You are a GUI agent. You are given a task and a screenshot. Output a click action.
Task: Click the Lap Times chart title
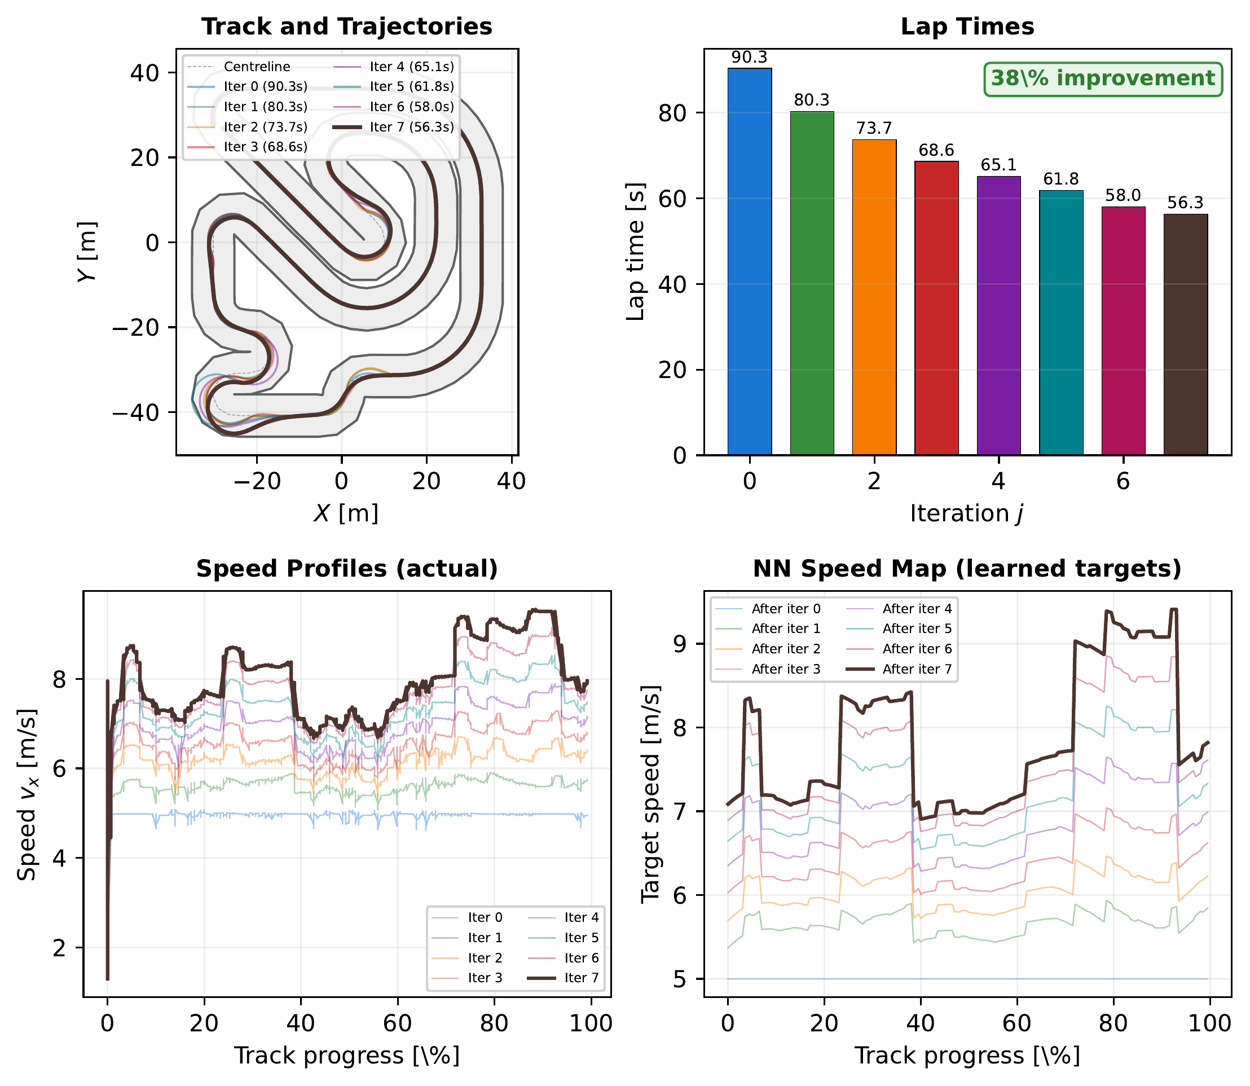(967, 27)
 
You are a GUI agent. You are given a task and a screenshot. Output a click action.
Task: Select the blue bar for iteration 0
(750, 261)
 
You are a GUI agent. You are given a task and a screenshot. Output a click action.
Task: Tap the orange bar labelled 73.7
(874, 297)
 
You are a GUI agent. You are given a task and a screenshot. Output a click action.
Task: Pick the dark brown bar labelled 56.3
(1185, 333)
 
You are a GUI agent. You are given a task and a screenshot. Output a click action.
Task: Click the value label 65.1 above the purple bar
(998, 165)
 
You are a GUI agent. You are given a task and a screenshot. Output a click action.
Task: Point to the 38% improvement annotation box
(1103, 79)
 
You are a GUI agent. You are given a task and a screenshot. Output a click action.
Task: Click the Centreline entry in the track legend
(257, 67)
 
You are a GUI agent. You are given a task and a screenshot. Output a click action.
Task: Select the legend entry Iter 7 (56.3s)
(412, 127)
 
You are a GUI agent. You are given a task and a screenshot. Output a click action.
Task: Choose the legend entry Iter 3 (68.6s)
(265, 147)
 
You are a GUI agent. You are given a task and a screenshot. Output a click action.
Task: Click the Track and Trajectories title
(346, 27)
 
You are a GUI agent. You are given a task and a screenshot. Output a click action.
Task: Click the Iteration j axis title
(967, 513)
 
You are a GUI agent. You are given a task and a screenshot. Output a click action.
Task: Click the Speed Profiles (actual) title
(346, 569)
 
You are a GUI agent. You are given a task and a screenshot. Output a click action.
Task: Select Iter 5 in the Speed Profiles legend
(581, 938)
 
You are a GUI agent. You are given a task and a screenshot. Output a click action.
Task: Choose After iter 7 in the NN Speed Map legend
(917, 669)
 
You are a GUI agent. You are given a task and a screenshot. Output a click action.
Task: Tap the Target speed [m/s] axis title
(650, 794)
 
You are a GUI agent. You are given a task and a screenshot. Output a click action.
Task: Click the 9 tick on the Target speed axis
(683, 644)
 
